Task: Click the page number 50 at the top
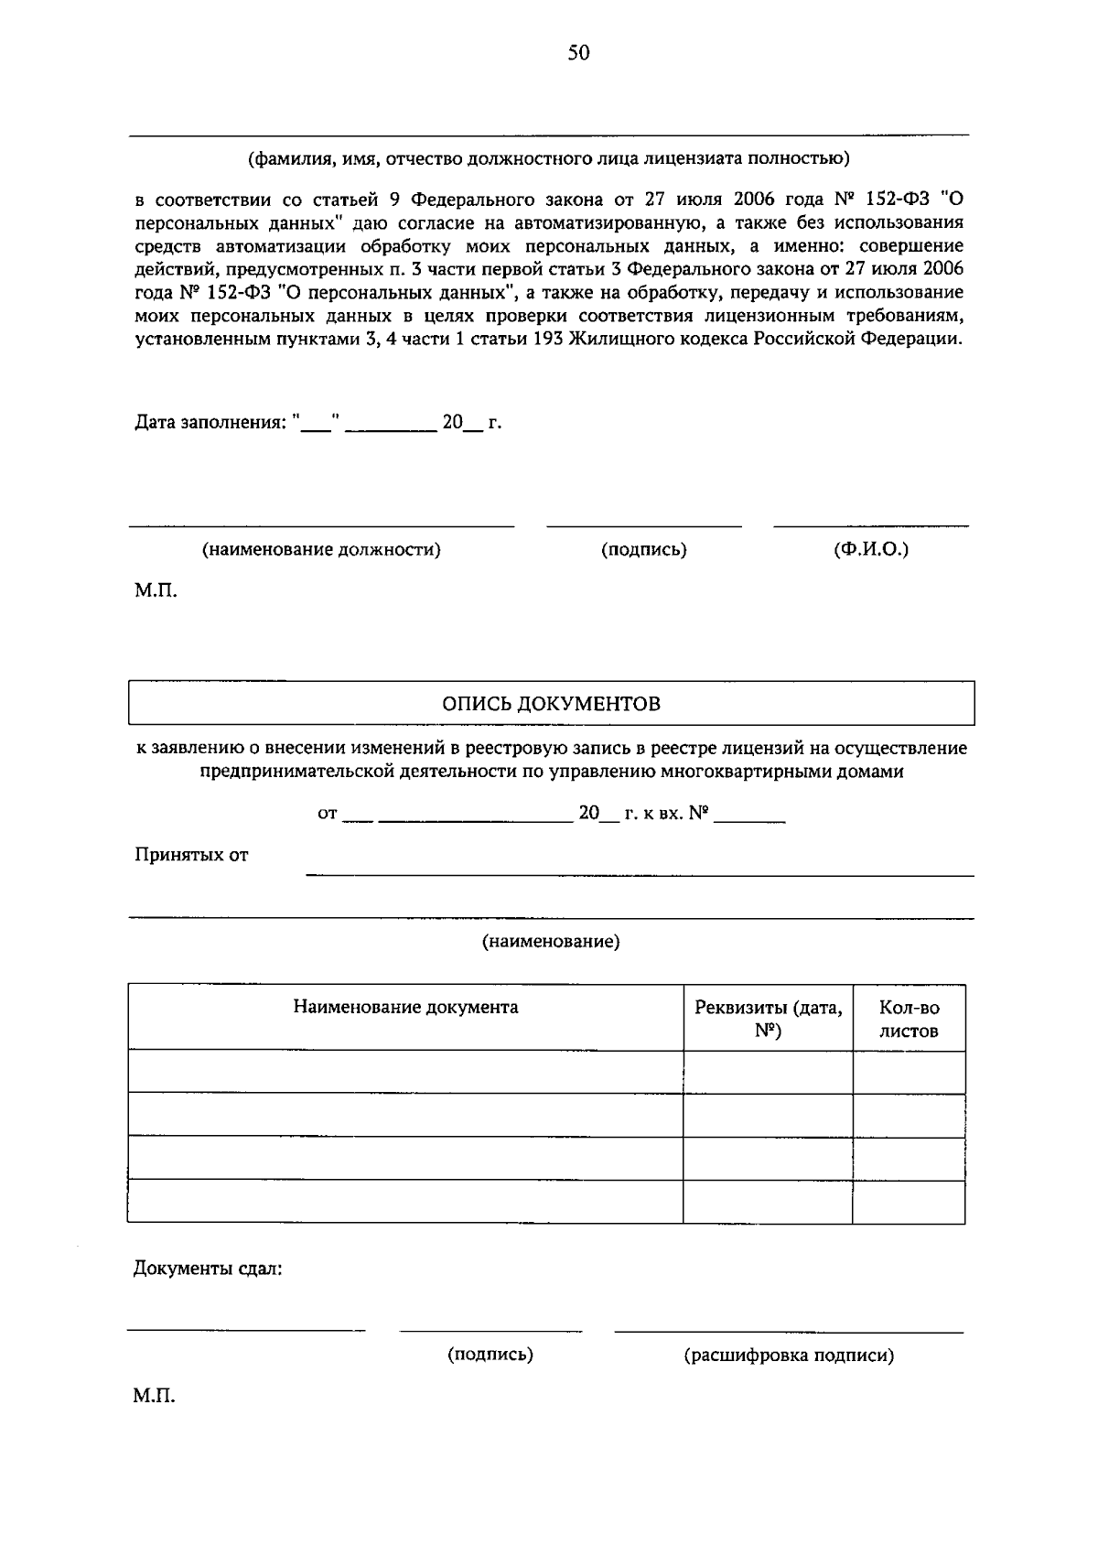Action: point(578,53)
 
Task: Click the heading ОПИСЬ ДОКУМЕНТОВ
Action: point(551,704)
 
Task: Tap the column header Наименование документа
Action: point(405,1008)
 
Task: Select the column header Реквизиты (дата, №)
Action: point(768,1019)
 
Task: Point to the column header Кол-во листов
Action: point(909,1019)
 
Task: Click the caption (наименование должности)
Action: point(321,550)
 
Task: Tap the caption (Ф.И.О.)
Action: point(870,549)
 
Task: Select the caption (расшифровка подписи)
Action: point(789,1356)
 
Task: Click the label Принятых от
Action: point(191,856)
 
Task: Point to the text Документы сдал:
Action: point(208,1270)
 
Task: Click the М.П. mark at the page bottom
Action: point(154,1397)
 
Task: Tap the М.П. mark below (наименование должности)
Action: point(156,591)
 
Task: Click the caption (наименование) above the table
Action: point(551,942)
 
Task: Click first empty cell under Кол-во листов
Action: point(909,1072)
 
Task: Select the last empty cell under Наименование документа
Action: point(405,1202)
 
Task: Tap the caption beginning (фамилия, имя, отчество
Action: point(549,159)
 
